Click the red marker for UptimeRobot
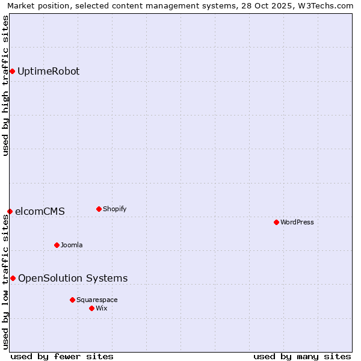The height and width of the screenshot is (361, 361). tap(12, 72)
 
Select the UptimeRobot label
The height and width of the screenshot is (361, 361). tap(48, 72)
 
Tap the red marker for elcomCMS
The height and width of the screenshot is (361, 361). tap(10, 212)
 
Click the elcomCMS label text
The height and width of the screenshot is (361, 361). tap(40, 212)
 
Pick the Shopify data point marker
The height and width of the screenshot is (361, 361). tap(99, 209)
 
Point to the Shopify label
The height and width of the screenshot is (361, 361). tap(114, 209)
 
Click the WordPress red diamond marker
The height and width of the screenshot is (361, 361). tap(276, 223)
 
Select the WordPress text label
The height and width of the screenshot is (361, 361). tap(297, 223)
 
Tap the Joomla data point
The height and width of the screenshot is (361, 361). tap(57, 245)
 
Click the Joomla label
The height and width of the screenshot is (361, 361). tap(72, 245)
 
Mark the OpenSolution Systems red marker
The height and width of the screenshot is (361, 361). tap(13, 278)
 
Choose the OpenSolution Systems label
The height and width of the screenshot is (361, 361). tap(73, 278)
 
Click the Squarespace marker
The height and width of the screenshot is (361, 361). tap(72, 300)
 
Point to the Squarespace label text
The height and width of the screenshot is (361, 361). tap(97, 300)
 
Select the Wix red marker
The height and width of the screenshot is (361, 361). tap(91, 309)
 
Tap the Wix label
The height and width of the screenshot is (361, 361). tap(102, 309)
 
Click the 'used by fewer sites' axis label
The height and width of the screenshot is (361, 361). tap(62, 356)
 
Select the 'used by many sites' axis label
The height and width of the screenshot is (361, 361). tap(302, 356)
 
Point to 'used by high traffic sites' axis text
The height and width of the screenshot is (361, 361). tap(6, 85)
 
